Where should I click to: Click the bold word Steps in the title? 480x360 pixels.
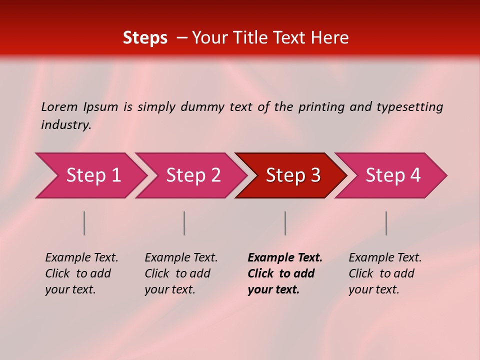145,38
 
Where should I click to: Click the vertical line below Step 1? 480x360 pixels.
84,223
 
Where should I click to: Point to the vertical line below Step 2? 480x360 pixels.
184,223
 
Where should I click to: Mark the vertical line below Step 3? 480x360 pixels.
285,223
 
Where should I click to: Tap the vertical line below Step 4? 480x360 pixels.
386,223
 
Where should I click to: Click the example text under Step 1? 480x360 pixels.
81,273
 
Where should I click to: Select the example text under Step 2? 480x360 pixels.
181,273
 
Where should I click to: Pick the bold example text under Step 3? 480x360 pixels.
284,273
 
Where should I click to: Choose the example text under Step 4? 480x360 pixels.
385,273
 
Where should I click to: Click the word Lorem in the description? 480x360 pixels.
59,106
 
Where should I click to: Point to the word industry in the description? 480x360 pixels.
66,125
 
